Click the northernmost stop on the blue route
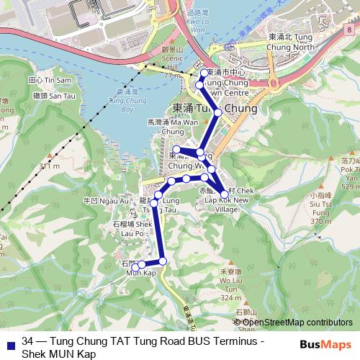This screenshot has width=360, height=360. (204, 73)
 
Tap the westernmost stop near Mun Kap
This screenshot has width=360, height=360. (135, 266)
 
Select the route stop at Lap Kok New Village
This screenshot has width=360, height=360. (225, 194)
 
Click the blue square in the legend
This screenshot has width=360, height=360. (7, 343)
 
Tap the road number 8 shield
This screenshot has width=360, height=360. (348, 30)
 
